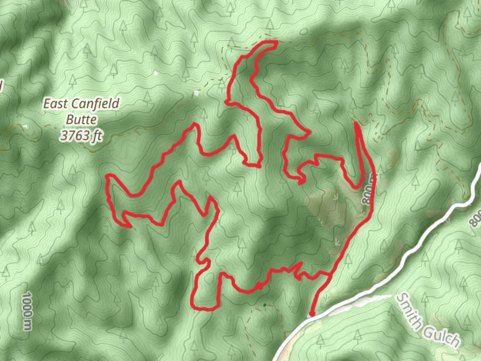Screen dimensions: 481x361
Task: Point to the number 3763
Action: coord(71,135)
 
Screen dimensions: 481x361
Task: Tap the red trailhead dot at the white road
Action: coord(312,314)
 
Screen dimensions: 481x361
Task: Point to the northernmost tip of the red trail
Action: coord(276,42)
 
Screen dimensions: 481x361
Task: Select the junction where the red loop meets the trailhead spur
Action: coord(330,274)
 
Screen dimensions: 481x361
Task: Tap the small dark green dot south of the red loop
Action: coord(265,305)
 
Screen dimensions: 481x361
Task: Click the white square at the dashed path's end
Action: coord(197,93)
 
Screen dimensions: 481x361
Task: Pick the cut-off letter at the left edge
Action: coord(1,86)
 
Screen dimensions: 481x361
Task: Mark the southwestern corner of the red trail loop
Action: coord(193,306)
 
